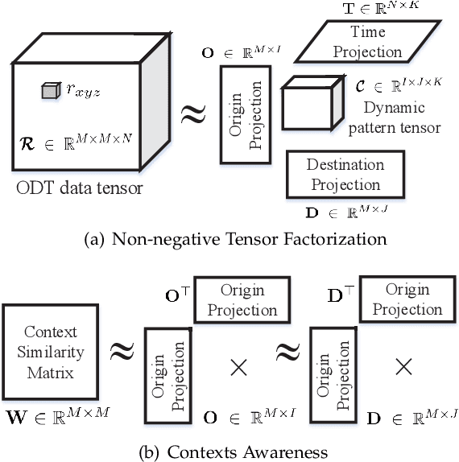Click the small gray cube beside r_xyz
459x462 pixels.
(x=50, y=92)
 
